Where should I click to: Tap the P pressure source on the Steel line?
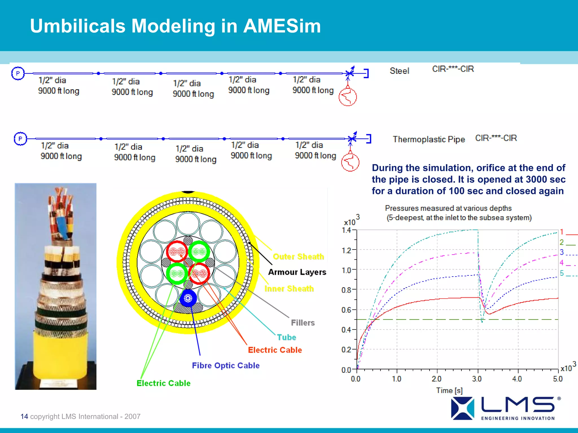18,74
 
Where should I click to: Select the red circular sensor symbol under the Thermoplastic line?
350,162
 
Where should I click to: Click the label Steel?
399,71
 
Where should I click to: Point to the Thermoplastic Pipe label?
429,139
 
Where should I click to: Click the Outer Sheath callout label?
298,257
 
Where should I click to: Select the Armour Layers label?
297,272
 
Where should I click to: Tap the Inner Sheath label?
289,289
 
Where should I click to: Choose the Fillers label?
303,322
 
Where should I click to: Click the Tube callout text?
286,337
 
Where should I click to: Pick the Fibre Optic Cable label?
225,365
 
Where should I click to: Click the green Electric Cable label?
163,383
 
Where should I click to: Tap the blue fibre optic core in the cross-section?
188,298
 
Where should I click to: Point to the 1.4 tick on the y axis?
346,230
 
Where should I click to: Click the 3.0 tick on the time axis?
477,379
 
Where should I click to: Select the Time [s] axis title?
449,390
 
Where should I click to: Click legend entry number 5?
562,273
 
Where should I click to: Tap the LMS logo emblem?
462,408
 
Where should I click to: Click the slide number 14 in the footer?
24,416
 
